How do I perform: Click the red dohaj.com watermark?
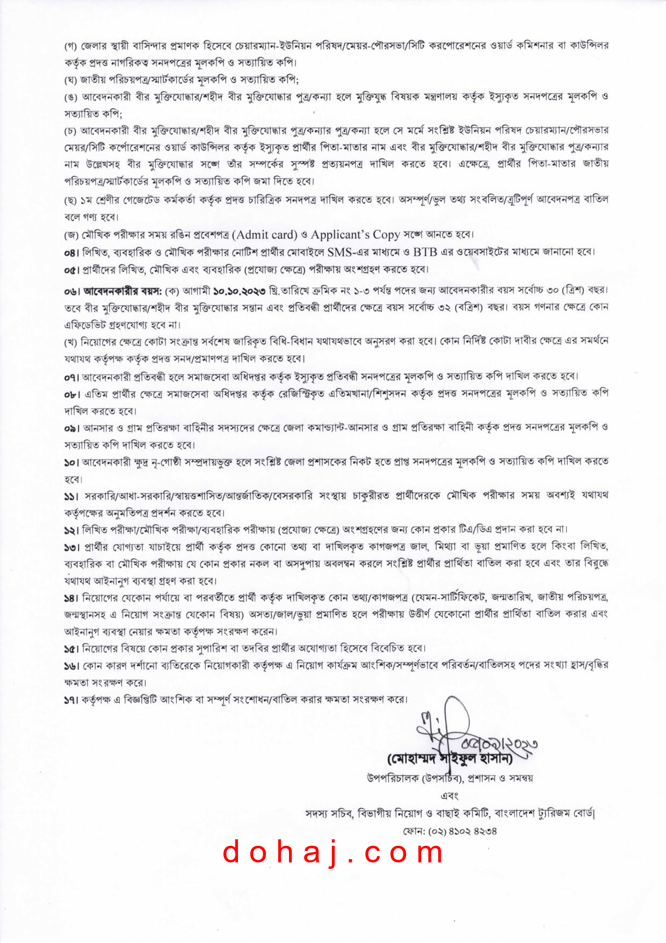(x=334, y=853)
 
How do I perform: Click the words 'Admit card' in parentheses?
(x=266, y=235)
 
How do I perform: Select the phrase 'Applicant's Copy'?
(x=355, y=235)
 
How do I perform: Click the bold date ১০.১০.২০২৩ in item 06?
(x=239, y=291)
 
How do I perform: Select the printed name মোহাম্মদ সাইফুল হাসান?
(x=450, y=759)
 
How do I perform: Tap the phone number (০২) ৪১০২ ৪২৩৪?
(x=450, y=831)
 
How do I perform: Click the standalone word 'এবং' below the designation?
(x=450, y=796)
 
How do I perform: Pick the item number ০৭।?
(x=71, y=377)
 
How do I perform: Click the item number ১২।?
(x=71, y=530)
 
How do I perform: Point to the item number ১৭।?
(x=71, y=700)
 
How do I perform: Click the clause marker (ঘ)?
(x=71, y=80)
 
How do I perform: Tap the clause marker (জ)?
(x=71, y=235)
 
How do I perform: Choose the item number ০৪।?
(x=71, y=252)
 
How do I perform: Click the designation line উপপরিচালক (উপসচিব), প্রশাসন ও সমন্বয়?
(x=450, y=778)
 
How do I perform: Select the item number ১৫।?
(x=71, y=649)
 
